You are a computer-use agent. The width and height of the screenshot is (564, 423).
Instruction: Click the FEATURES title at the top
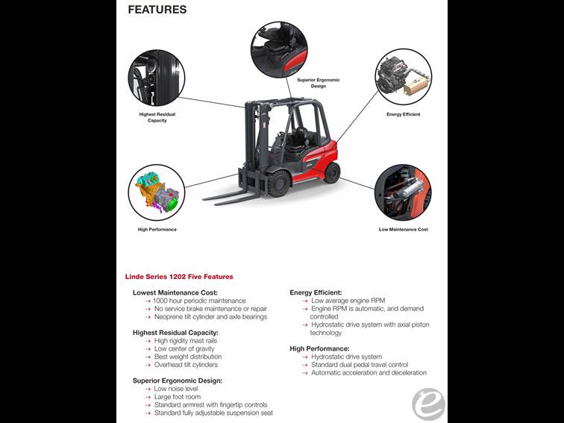(x=157, y=10)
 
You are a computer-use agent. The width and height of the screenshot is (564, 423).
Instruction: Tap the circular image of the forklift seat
(x=279, y=49)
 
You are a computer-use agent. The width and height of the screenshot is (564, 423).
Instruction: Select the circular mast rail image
(x=157, y=78)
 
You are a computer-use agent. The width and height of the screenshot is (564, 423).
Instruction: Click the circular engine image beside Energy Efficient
(x=403, y=78)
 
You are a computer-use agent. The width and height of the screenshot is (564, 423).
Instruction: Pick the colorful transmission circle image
(x=157, y=192)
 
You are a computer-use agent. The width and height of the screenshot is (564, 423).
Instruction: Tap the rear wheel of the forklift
(x=332, y=172)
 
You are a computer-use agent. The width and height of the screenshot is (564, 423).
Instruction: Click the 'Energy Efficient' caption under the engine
(x=403, y=114)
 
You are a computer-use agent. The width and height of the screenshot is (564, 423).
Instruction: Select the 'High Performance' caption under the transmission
(x=157, y=229)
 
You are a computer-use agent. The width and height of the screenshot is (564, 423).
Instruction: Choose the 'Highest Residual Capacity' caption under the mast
(x=157, y=117)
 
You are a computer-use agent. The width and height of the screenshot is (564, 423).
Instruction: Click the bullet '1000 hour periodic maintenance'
(x=199, y=301)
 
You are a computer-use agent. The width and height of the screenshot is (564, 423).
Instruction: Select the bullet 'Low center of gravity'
(x=184, y=348)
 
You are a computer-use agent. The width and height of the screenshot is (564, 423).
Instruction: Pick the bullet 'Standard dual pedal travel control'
(x=360, y=365)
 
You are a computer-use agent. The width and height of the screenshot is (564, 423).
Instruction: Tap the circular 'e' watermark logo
(x=428, y=404)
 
